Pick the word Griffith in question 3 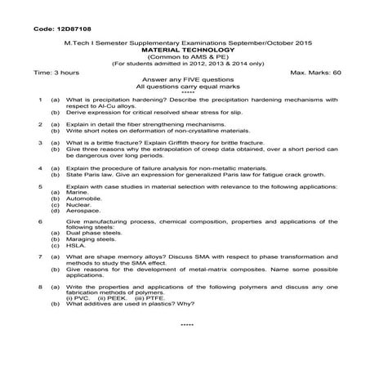202,143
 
